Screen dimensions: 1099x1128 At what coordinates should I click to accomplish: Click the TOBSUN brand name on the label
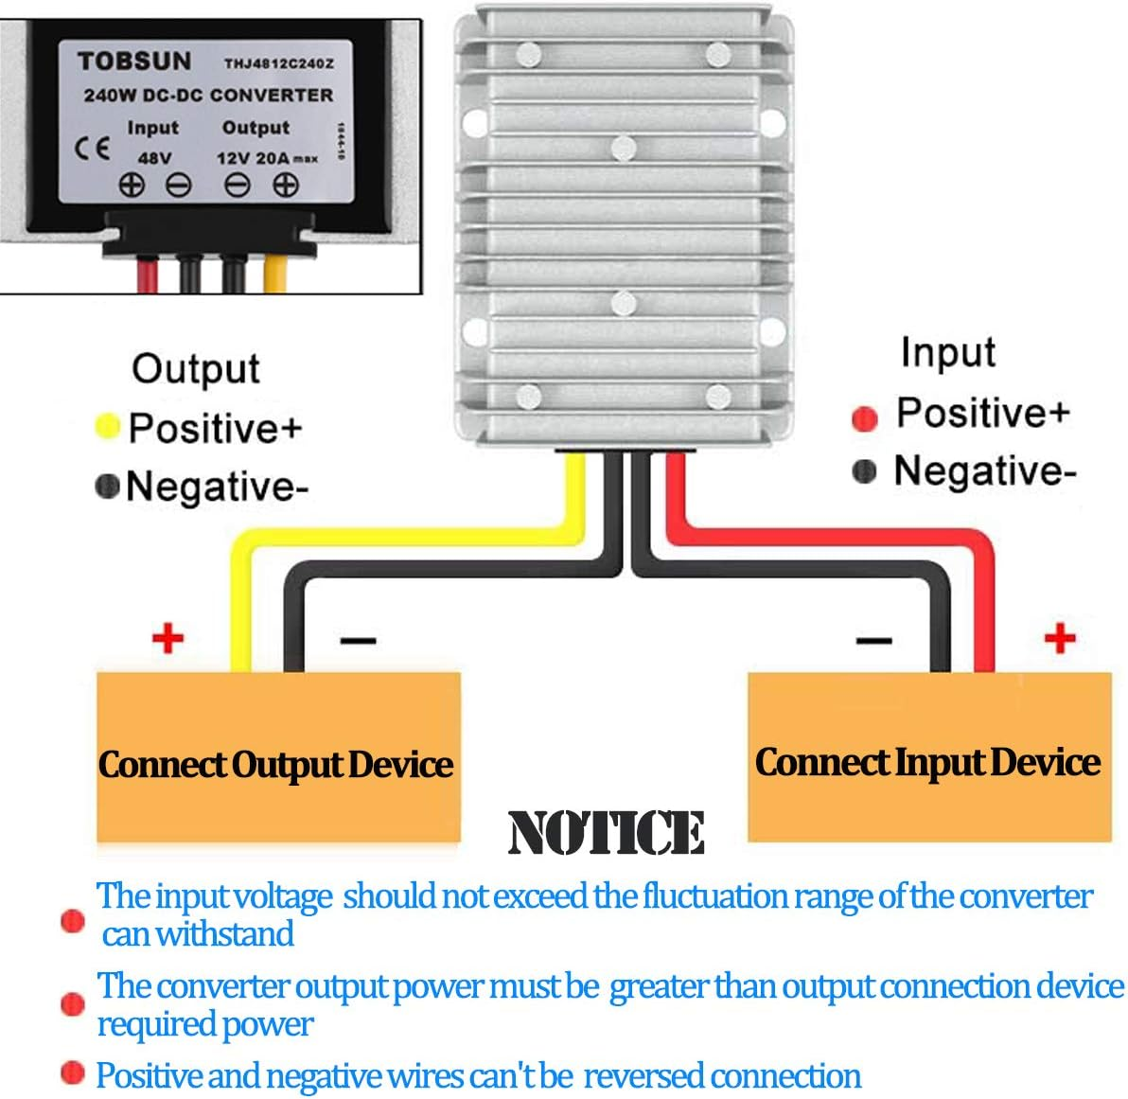(x=133, y=62)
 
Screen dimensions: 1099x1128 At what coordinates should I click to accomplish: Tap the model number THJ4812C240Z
(x=278, y=64)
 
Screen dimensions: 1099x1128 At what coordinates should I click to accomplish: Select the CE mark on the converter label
(x=92, y=149)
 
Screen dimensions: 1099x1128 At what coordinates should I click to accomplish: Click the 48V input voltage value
(x=154, y=158)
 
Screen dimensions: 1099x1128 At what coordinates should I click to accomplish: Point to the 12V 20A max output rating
(x=266, y=158)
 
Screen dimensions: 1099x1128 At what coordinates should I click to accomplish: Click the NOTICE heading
(x=606, y=833)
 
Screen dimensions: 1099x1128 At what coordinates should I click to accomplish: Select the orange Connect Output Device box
(x=277, y=757)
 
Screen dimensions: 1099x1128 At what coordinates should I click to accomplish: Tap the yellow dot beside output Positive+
(x=108, y=427)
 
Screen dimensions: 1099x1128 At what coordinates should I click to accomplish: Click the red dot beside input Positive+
(x=864, y=417)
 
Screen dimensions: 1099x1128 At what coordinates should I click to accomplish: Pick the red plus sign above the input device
(x=1060, y=638)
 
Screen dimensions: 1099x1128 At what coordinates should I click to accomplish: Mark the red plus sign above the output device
(x=167, y=638)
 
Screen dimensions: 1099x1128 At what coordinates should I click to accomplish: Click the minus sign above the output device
(x=358, y=642)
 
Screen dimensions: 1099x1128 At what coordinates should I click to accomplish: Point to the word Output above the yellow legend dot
(x=195, y=368)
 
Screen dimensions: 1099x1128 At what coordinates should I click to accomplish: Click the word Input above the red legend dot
(x=947, y=352)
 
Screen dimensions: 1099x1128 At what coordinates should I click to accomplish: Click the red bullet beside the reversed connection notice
(x=72, y=1072)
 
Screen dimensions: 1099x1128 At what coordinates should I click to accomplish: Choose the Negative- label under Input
(x=984, y=470)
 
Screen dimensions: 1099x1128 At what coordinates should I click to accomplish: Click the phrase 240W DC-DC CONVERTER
(x=208, y=96)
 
